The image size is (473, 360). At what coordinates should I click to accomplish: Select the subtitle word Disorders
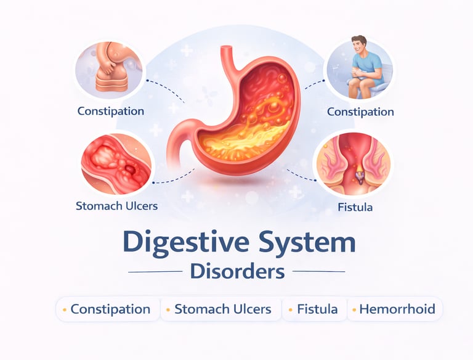pyautogui.click(x=236, y=271)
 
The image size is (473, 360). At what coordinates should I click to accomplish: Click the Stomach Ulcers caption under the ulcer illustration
pyautogui.click(x=116, y=205)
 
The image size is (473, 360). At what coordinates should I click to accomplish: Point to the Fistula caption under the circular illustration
pyautogui.click(x=355, y=207)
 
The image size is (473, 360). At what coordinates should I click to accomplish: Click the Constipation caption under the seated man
pyautogui.click(x=360, y=112)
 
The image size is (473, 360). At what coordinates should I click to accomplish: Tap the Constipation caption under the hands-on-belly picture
pyautogui.click(x=111, y=112)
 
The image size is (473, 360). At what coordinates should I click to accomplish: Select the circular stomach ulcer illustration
pyautogui.click(x=117, y=163)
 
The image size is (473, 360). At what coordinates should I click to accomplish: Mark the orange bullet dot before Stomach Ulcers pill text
pyautogui.click(x=169, y=309)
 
